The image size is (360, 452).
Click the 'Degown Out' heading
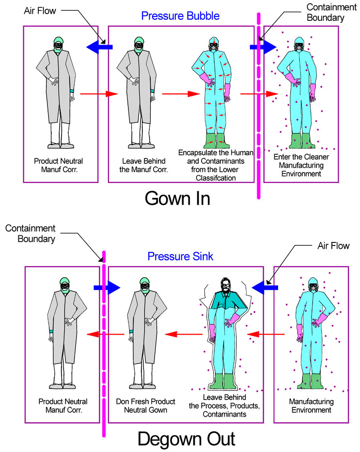(x=186, y=439)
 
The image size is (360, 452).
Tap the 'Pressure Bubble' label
(x=180, y=16)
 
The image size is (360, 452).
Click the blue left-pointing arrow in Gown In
(x=99, y=47)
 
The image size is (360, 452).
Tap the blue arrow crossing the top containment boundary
(x=262, y=47)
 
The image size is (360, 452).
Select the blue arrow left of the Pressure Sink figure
(x=107, y=288)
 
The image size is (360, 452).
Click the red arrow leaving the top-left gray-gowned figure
(x=98, y=94)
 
